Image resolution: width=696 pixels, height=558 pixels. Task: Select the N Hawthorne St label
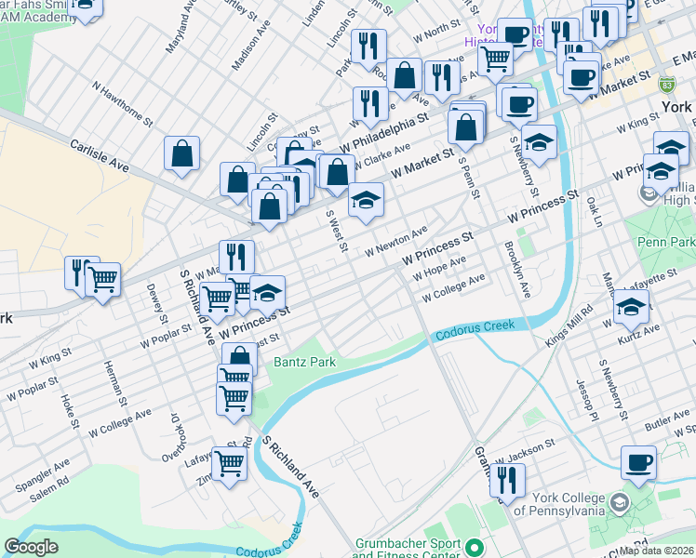122,101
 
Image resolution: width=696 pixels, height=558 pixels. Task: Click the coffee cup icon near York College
638,464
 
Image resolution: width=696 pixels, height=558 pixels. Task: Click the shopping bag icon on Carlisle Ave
182,153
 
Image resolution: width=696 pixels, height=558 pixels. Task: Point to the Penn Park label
665,243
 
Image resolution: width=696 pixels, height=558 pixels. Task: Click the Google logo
31,547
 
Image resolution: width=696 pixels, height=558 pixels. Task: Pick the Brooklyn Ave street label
516,269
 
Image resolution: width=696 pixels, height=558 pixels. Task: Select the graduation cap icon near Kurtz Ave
631,306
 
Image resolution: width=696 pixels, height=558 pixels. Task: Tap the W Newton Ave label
395,241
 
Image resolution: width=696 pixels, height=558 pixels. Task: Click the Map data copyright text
657,551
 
